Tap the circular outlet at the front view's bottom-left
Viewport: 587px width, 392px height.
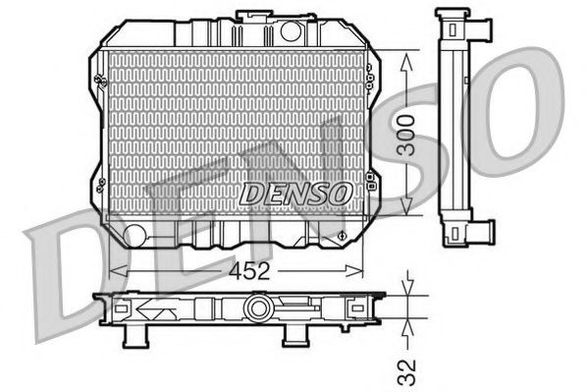click(134, 234)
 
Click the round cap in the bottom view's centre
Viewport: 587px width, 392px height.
click(259, 308)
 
